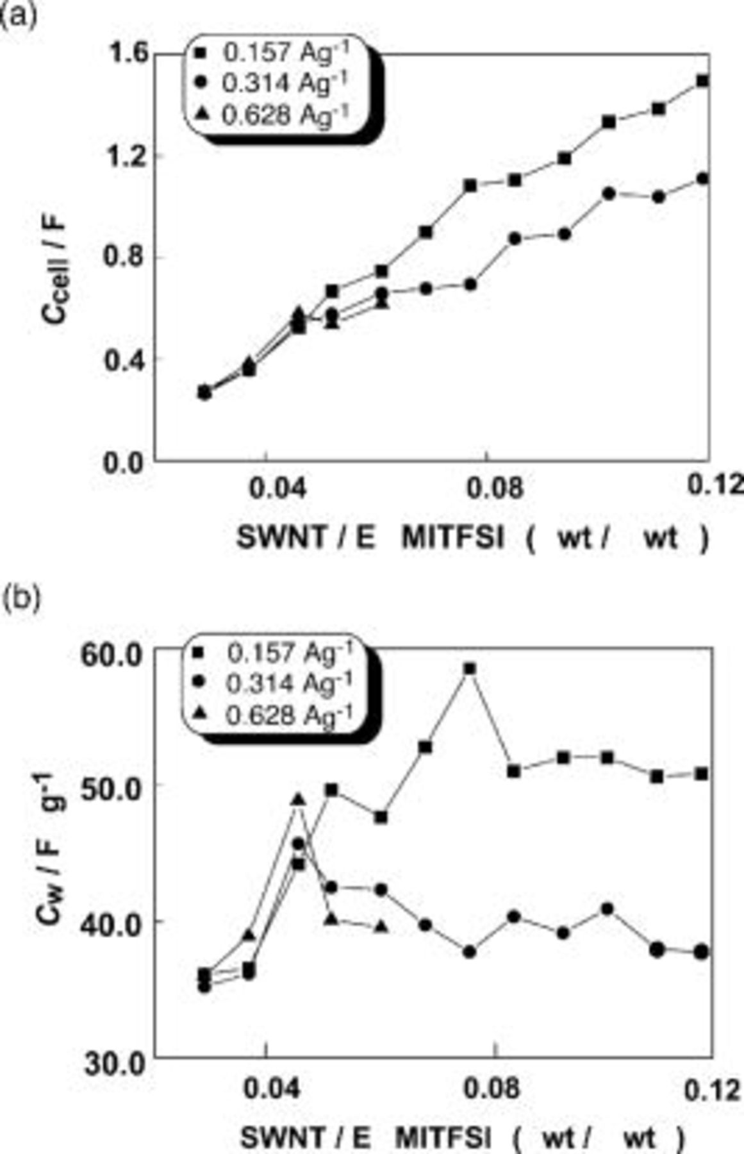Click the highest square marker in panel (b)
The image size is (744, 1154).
pos(469,669)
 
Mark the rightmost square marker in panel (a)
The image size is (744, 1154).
pos(702,81)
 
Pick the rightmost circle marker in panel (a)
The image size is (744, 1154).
pos(702,179)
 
